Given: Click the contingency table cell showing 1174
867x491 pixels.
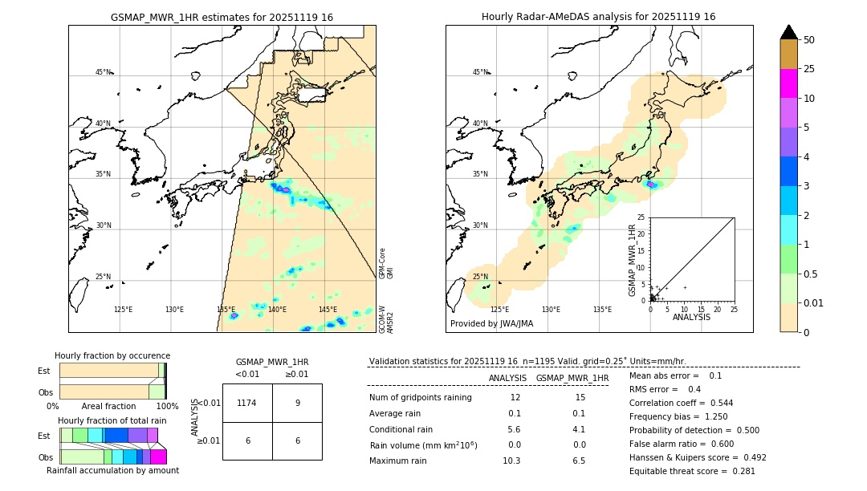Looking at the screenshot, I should pos(246,403).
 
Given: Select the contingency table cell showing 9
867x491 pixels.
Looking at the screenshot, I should pos(297,403).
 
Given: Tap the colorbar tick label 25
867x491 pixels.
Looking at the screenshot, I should pos(810,69).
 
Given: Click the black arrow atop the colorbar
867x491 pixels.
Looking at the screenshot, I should pos(789,32).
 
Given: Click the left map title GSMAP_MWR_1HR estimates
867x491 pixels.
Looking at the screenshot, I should pos(222,17).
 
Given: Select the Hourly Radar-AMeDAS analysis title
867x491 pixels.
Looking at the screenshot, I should pos(598,17).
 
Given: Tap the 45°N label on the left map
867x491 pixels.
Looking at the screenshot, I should pos(103,72).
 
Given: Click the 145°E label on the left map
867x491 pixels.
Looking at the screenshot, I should pos(328,310).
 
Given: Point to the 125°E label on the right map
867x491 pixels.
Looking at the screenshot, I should pos(499,310).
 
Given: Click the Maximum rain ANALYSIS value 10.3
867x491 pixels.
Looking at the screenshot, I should pos(511,461).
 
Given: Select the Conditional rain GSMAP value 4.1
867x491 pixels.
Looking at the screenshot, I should pos(580,429).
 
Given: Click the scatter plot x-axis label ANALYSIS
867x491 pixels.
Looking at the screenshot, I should pos(691,317).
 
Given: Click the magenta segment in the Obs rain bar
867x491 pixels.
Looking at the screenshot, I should pos(158,457).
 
